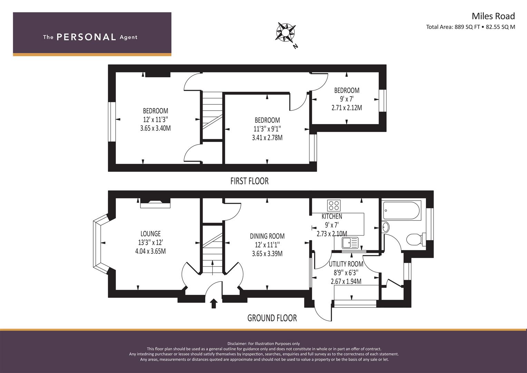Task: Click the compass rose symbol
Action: (x=286, y=32)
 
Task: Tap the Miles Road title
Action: (x=494, y=16)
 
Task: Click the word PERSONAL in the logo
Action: (x=86, y=37)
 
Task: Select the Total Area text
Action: (x=470, y=27)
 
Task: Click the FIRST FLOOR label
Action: (x=250, y=181)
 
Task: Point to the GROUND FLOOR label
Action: (x=272, y=318)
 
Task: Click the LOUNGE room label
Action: (x=150, y=233)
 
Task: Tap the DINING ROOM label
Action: (x=267, y=236)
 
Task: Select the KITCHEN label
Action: (x=332, y=216)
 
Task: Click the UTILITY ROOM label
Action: (x=346, y=264)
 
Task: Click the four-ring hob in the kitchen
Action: (x=334, y=205)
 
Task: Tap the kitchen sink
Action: (x=350, y=243)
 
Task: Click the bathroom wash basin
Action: (x=386, y=228)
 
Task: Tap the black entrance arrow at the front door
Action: (x=213, y=304)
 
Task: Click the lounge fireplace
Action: (x=155, y=203)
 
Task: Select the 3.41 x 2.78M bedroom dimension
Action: (x=267, y=138)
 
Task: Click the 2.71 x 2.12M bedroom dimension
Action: (x=347, y=108)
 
